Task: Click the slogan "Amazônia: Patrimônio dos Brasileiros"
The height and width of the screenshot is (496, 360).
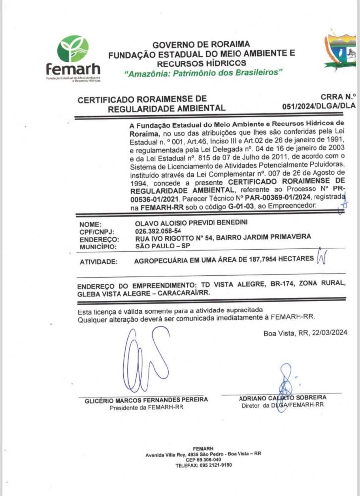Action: click(204, 73)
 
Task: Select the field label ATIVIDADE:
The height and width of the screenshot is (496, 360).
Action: click(99, 261)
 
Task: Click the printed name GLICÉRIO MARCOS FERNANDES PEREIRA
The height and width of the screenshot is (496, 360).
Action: click(146, 400)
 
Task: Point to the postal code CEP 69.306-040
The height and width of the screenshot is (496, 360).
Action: click(203, 460)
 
